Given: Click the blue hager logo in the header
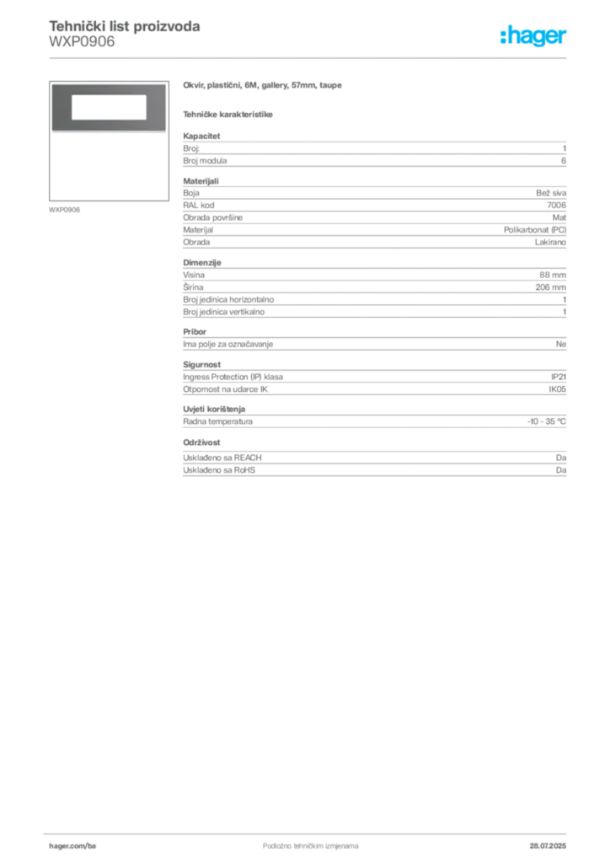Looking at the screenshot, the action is coord(534,37).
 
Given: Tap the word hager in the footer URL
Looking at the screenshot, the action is coord(66,844).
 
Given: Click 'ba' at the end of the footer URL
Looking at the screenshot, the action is coord(93,844).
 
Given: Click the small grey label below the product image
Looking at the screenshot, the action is coord(64,209).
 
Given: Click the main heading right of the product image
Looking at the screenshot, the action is coord(263,87).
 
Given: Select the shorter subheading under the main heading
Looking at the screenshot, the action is coord(229,114).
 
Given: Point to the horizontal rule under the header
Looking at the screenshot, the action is coord(310,57).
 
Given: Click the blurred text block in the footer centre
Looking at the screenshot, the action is coord(300,841).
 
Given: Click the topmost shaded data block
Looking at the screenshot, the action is coord(374,151).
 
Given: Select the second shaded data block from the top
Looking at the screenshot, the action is coord(374,214).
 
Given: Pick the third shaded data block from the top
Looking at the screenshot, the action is coord(374,292).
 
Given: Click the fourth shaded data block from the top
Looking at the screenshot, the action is coord(374,343).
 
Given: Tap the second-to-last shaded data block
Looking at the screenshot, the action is coord(374,420).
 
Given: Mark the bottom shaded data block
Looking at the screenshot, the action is coord(374,461).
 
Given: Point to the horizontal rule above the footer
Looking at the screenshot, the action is coord(310,831).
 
